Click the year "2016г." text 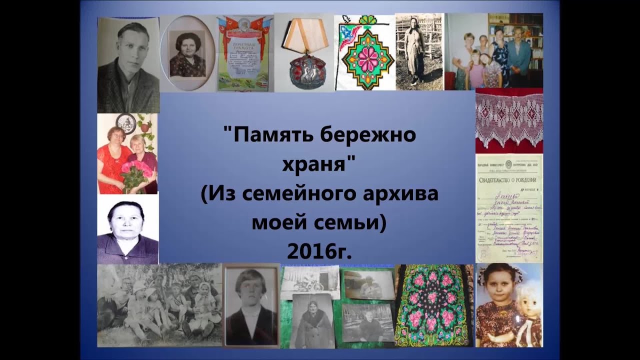(x=319, y=251)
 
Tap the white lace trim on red (x=508, y=120)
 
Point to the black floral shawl (x=433, y=305)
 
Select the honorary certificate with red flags (x=245, y=54)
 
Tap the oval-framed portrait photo (x=187, y=53)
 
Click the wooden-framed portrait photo (x=251, y=305)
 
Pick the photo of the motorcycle (x=309, y=281)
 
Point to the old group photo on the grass (x=159, y=305)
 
